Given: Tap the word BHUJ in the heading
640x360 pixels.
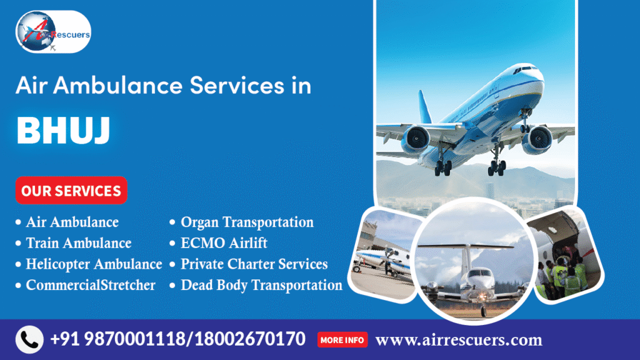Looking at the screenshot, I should click(x=63, y=131).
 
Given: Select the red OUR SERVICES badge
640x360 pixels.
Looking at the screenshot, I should click(x=71, y=191).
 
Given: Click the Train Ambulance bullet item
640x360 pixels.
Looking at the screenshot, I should click(x=78, y=243).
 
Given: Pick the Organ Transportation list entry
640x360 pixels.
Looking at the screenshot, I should click(x=247, y=222).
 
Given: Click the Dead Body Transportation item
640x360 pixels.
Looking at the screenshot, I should click(x=261, y=286).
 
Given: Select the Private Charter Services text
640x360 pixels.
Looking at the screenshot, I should click(x=254, y=264).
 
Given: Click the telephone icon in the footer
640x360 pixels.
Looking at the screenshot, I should click(x=29, y=340).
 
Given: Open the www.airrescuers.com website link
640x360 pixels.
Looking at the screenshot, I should click(x=459, y=340).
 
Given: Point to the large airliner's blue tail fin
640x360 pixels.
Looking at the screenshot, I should click(x=425, y=106).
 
